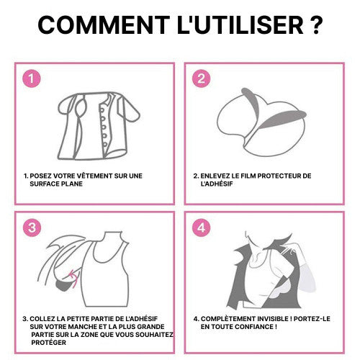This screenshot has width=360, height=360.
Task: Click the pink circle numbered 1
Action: point(32,78)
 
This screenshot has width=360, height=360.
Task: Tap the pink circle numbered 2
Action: point(202,78)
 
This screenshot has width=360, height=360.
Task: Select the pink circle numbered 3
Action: point(32,228)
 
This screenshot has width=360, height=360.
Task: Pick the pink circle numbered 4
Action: point(202,228)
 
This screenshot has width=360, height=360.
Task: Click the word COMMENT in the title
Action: point(104,24)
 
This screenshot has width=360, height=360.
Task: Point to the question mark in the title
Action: point(316,24)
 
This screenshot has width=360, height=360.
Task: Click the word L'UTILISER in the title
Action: point(240,24)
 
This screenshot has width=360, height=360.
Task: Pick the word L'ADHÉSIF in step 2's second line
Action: point(217,184)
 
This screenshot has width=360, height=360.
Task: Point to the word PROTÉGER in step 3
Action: point(49,342)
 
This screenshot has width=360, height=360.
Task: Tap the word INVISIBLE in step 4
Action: point(273,319)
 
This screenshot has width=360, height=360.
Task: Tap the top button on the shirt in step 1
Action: point(102,110)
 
